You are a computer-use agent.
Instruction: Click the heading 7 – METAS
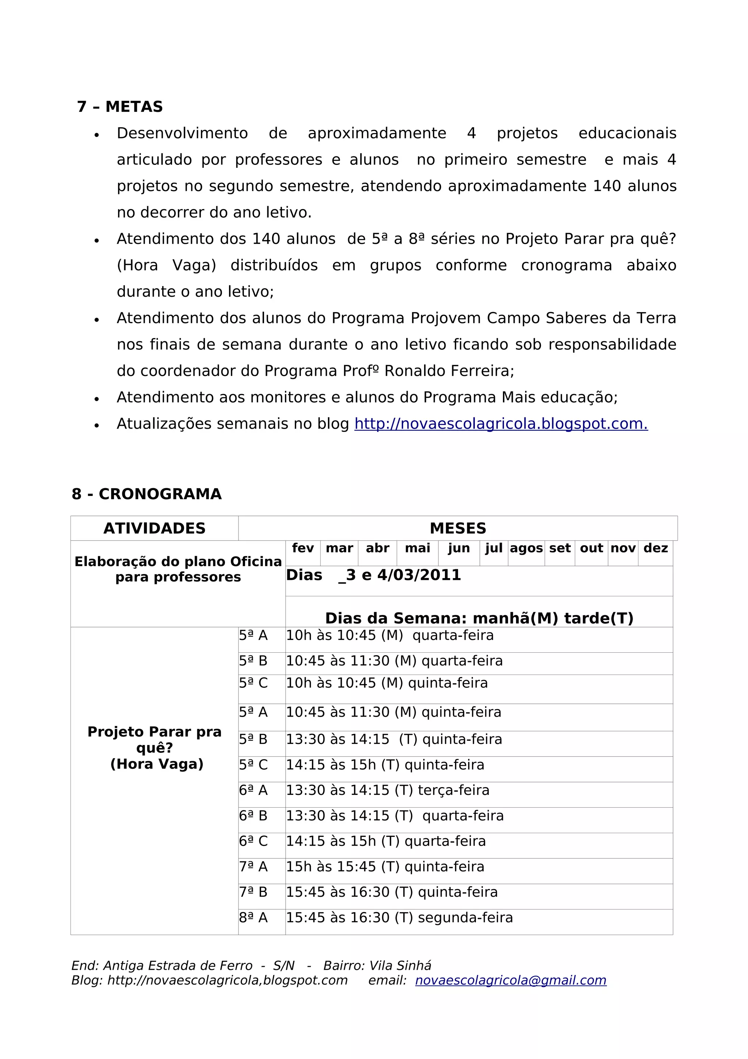[x=120, y=107]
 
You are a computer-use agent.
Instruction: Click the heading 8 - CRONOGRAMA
[x=146, y=494]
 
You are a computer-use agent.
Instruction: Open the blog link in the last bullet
[x=501, y=424]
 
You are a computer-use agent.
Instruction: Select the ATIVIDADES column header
[x=154, y=528]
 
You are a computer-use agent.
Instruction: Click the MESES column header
[x=458, y=528]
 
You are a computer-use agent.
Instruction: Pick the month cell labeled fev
[x=303, y=549]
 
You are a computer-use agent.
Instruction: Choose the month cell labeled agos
[x=526, y=549]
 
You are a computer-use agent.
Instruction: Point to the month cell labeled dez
[x=655, y=549]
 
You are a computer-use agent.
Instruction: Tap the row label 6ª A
[x=253, y=790]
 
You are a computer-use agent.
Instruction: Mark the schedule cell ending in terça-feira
[x=388, y=790]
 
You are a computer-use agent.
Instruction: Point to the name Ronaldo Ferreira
[x=449, y=371]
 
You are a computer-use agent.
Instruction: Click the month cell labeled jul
[x=493, y=549]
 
